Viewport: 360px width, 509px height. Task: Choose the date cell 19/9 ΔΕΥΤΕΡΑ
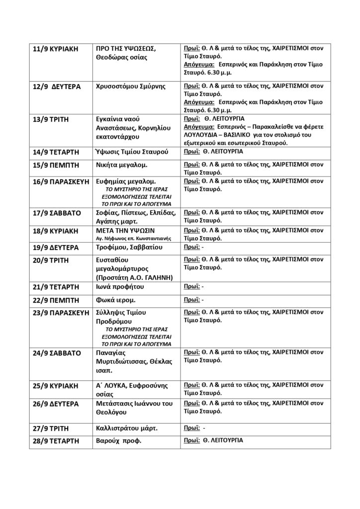pyautogui.click(x=56, y=248)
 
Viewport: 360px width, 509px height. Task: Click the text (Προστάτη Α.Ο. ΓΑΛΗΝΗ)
pyautogui.click(x=134, y=277)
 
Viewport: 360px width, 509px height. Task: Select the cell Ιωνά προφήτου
pyautogui.click(x=120, y=288)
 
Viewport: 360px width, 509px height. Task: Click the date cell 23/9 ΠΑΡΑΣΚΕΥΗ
pyautogui.click(x=61, y=313)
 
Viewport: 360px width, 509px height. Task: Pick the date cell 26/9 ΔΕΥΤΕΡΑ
pyautogui.click(x=56, y=404)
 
